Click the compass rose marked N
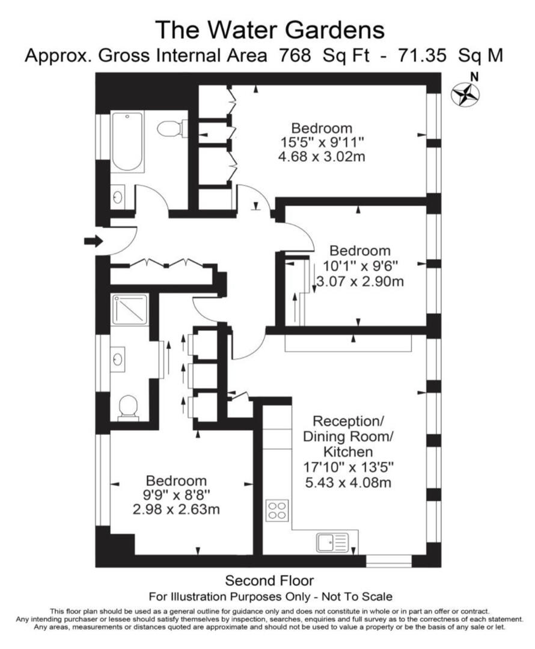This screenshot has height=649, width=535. pyautogui.click(x=465, y=95)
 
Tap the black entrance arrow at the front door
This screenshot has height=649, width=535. pyautogui.click(x=93, y=241)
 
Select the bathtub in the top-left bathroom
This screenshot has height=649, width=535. pyautogui.click(x=128, y=142)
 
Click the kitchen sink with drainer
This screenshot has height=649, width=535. pyautogui.click(x=332, y=542)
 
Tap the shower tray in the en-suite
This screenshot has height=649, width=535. pyautogui.click(x=129, y=309)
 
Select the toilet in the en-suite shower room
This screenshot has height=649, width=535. pyautogui.click(x=128, y=407)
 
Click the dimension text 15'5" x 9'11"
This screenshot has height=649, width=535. pyautogui.click(x=322, y=143)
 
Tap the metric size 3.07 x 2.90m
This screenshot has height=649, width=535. pyautogui.click(x=360, y=281)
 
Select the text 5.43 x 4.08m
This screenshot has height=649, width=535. pyautogui.click(x=348, y=482)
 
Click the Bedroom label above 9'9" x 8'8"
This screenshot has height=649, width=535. pyautogui.click(x=176, y=481)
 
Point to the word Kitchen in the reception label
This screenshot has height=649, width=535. pyautogui.click(x=348, y=452)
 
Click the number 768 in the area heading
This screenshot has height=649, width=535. pyautogui.click(x=295, y=55)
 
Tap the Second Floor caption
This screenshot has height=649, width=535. pyautogui.click(x=269, y=580)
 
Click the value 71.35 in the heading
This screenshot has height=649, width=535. pyautogui.click(x=422, y=55)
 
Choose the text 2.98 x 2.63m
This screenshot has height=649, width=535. pyautogui.click(x=176, y=509)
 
